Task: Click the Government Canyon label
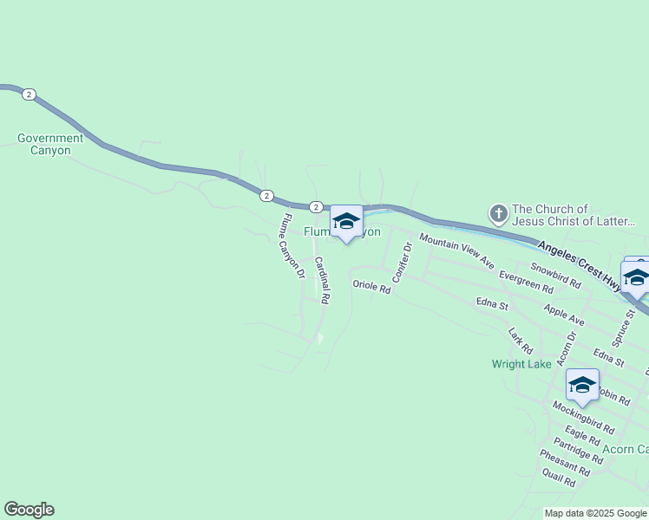pos(50,144)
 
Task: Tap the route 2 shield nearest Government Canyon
pos(29,94)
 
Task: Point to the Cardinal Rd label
pos(322,280)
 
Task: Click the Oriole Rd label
pos(371,286)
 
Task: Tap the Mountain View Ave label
pos(456,250)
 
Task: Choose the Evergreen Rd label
pos(527,281)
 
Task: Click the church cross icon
pos(499,213)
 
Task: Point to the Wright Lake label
pos(521,364)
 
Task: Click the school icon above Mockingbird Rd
pos(582,385)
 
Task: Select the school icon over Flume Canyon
pos(346,221)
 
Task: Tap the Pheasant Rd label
pos(564,462)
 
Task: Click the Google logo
pos(29,510)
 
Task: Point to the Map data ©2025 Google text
pos(596,513)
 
